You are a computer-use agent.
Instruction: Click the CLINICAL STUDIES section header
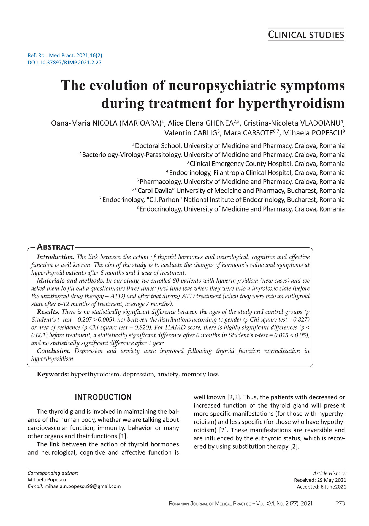(306, 35)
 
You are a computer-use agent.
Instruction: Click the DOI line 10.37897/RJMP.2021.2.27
(64, 63)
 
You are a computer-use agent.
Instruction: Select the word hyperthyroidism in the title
(291, 104)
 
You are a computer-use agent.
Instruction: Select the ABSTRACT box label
(56, 247)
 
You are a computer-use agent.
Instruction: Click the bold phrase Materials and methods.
(70, 281)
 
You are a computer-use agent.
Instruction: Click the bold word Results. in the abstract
(48, 312)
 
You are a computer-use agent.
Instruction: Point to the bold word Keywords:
(53, 375)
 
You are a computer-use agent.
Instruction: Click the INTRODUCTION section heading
(103, 397)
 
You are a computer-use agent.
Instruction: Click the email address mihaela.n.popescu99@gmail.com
(83, 486)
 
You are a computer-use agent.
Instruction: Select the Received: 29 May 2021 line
(320, 480)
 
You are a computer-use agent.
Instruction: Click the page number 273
(340, 504)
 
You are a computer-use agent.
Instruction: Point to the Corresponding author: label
(53, 473)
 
